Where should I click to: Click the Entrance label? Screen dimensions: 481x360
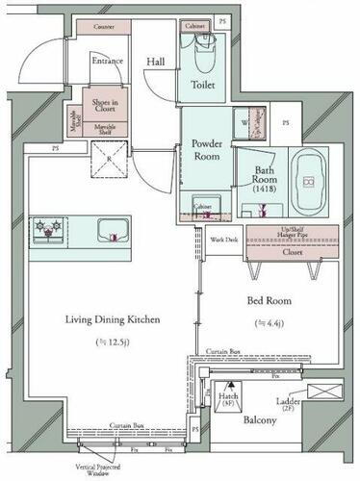pos(107,63)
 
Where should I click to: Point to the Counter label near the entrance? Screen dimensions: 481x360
pos(106,28)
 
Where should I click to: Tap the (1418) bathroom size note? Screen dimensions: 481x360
pos(265,190)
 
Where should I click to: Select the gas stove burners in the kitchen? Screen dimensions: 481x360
pos(46,229)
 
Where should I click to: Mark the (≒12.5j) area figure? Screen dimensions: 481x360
pos(111,342)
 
